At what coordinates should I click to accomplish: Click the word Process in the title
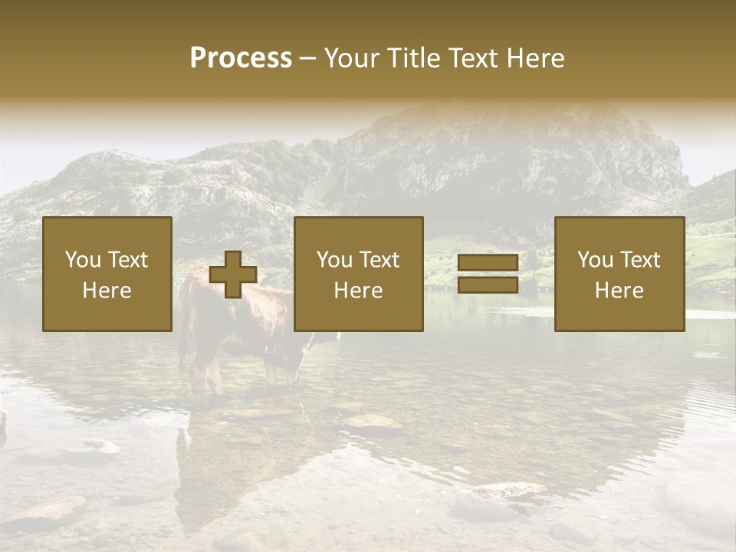tap(241, 58)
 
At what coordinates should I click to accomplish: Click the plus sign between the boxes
tap(233, 274)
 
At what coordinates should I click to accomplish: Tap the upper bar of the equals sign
tap(488, 263)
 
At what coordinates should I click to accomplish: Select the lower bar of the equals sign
tap(488, 285)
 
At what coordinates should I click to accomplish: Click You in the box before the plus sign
tap(82, 260)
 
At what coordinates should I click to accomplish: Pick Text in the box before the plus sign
tap(127, 260)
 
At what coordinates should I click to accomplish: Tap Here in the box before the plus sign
tap(107, 291)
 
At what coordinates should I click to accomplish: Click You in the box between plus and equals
tap(333, 260)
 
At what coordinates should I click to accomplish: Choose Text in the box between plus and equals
tap(379, 260)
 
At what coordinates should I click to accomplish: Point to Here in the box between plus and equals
tap(358, 291)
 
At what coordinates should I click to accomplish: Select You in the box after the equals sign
tap(594, 260)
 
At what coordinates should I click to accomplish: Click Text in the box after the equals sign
tap(639, 260)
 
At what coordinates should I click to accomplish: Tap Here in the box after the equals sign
tap(619, 291)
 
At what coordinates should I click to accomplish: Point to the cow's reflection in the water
tap(215, 468)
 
